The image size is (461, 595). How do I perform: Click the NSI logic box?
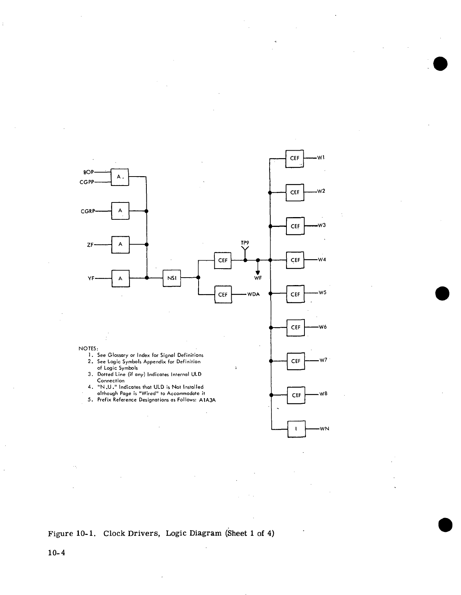(172, 278)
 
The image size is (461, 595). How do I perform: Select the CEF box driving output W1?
(295, 159)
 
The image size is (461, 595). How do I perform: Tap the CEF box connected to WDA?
(223, 294)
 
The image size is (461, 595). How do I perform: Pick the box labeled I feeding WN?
(297, 429)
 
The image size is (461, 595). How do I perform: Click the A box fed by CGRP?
(120, 211)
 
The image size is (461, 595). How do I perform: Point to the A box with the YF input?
(120, 278)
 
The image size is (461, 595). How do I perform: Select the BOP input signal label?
(88, 172)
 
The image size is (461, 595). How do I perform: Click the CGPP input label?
(87, 182)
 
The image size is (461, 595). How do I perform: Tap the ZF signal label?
(90, 245)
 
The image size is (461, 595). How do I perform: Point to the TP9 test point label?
(245, 243)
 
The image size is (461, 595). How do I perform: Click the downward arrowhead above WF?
(258, 272)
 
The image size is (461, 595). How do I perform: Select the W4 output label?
(322, 259)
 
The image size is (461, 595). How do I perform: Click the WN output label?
(324, 429)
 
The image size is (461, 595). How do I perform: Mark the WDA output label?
(253, 294)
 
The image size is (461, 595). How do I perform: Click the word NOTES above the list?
(88, 348)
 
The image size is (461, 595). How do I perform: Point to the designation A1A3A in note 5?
(208, 400)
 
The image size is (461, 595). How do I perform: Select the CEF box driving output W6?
(296, 328)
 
